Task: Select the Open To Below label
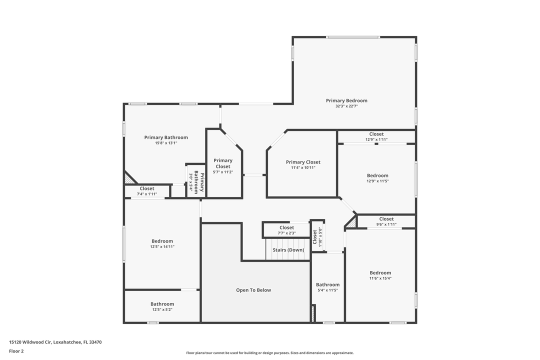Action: point(253,290)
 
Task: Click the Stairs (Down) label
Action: point(288,250)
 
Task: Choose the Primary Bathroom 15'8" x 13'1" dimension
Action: point(166,143)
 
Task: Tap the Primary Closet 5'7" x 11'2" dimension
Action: point(223,172)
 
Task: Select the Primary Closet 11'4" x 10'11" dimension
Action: point(303,167)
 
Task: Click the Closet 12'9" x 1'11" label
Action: point(376,134)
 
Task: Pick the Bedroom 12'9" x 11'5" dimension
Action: point(377,181)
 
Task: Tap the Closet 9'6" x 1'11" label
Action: point(386,219)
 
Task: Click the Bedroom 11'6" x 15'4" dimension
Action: point(380,278)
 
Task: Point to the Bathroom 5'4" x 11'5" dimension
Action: point(327,290)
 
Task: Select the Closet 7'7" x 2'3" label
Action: point(286,227)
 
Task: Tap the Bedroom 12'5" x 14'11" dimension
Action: point(162,246)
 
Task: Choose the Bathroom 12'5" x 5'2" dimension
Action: point(162,309)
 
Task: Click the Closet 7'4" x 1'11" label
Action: point(147,188)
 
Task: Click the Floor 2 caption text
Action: point(16,351)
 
